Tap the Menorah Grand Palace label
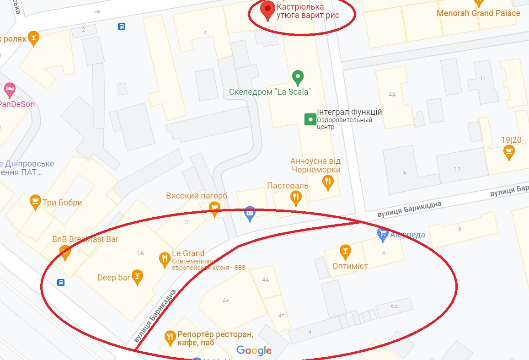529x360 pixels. (x=478, y=13)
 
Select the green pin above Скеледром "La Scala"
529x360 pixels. (x=298, y=77)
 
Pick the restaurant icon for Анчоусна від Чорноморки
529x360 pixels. (x=328, y=183)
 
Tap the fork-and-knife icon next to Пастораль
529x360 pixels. (x=296, y=198)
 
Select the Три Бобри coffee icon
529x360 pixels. (x=35, y=202)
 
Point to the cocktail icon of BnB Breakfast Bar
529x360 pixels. (x=65, y=251)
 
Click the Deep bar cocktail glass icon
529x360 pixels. (x=137, y=276)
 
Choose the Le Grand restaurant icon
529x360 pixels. (x=164, y=259)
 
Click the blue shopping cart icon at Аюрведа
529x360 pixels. (x=382, y=234)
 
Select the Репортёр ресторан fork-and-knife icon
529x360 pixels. (x=170, y=338)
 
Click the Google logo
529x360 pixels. (x=254, y=350)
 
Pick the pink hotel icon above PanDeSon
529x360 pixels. (x=9, y=89)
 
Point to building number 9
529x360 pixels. (x=404, y=173)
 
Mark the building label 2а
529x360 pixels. (x=225, y=300)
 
